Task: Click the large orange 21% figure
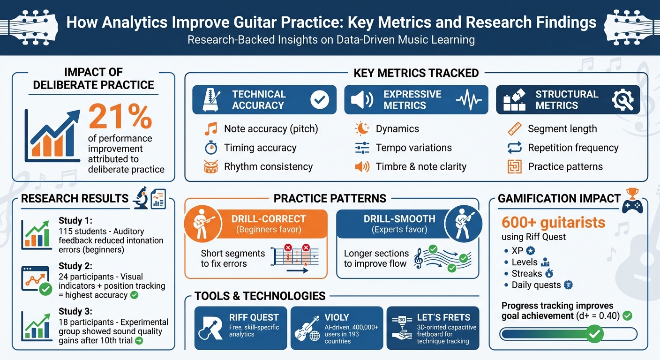pos(120,117)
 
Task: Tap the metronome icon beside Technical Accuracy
pos(208,100)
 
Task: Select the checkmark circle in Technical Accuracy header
pos(320,100)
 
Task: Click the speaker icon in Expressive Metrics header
pos(362,100)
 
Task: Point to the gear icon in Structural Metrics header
pos(622,100)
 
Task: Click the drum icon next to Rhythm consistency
pos(211,166)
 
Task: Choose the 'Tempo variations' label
pos(413,148)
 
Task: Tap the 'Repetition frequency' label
pos(573,148)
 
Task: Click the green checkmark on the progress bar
pos(595,334)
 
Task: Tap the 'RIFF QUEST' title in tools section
pos(254,317)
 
